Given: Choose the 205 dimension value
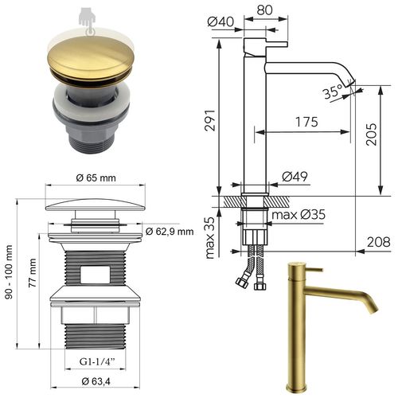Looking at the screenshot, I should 381,137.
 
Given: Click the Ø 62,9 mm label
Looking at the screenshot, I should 170,232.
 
